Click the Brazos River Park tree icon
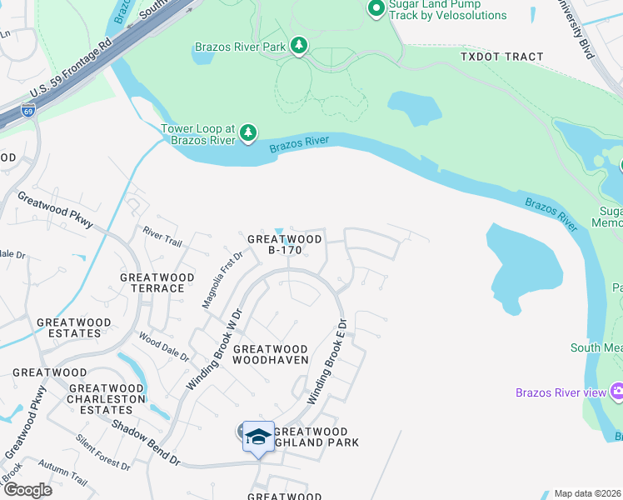coord(298,47)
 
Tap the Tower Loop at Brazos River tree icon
coord(247,132)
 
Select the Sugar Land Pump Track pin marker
coord(376,9)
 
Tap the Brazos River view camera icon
coord(617,391)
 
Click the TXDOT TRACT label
coord(501,57)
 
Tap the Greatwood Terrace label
coord(157,282)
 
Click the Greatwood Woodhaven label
coord(271,354)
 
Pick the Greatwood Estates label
coord(73,327)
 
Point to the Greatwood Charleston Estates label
coord(106,393)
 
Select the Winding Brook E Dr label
coord(326,363)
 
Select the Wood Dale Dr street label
coord(159,345)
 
